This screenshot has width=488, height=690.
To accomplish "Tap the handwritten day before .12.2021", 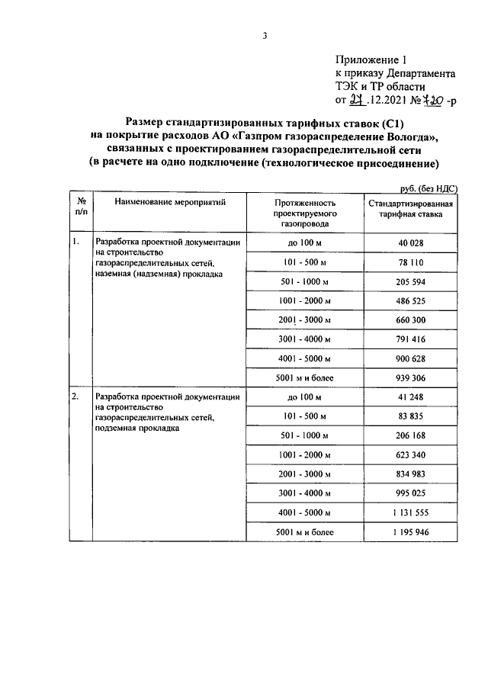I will tap(356, 100).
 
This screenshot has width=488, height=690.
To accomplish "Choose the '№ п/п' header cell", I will tap(80, 210).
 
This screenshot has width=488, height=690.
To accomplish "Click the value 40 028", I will tap(410, 244).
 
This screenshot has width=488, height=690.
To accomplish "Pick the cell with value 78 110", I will tap(410, 263).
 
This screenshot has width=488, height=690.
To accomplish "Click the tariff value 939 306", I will tap(410, 378).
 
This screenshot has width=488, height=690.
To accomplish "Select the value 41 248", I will tap(410, 398).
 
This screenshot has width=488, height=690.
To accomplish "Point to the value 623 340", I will tap(410, 455).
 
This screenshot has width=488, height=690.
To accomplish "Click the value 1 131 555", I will tap(410, 513).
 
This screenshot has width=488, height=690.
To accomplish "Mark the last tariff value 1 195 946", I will tap(410, 532).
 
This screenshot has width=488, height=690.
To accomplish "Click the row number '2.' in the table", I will tap(75, 396).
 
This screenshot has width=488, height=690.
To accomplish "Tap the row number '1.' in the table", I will tap(75, 242).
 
